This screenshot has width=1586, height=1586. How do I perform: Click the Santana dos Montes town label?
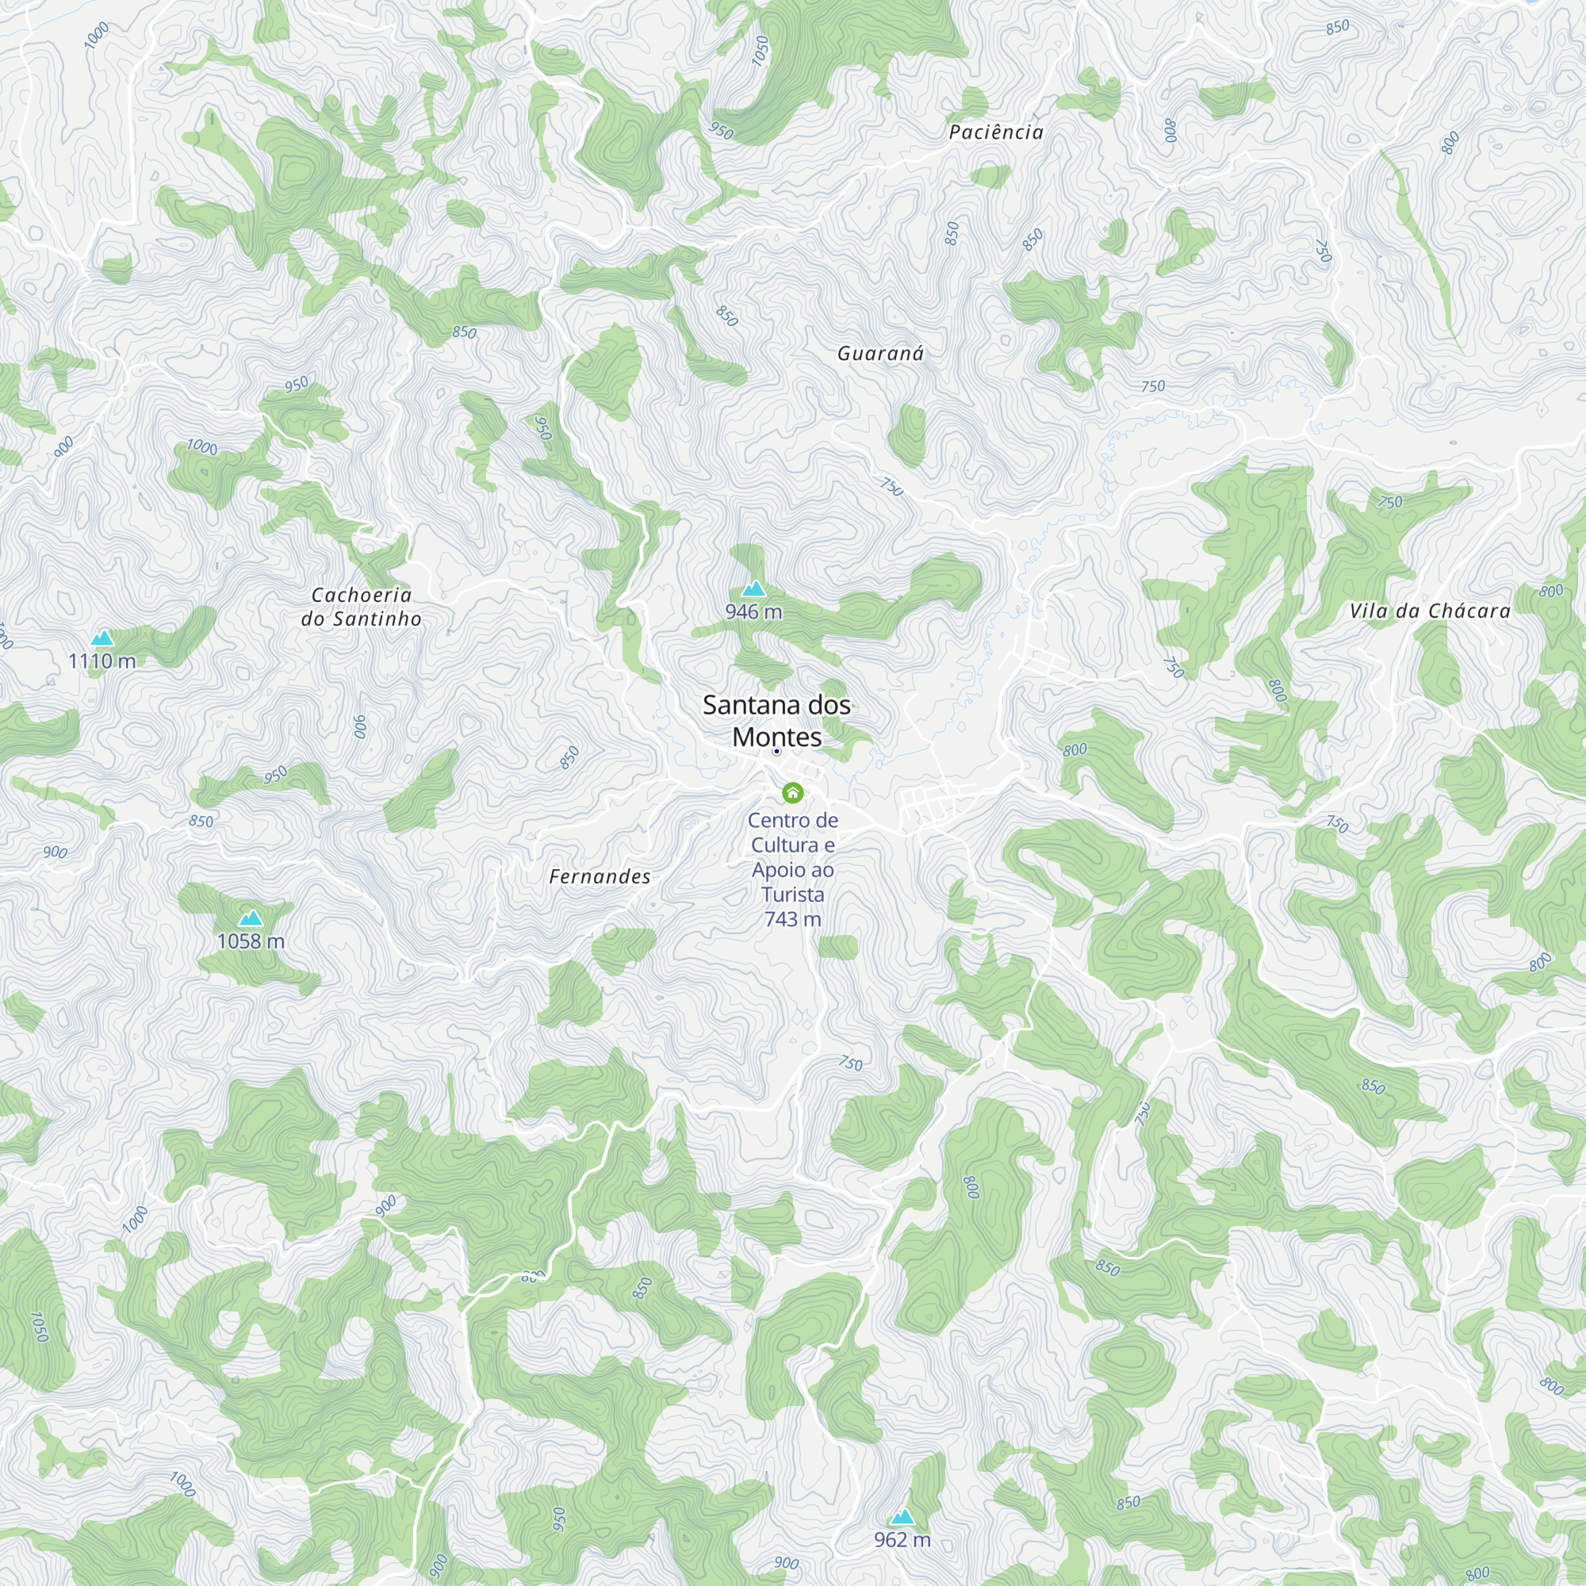click(776, 721)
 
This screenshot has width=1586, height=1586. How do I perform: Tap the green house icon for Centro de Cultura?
click(792, 792)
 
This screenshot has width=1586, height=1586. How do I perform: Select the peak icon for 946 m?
click(753, 588)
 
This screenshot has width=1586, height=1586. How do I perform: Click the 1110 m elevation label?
click(102, 661)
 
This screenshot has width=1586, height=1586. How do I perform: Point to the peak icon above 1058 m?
click(251, 918)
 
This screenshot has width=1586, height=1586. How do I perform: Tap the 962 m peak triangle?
click(902, 1516)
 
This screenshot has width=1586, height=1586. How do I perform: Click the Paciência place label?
click(996, 132)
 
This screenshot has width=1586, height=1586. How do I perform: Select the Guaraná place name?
click(880, 354)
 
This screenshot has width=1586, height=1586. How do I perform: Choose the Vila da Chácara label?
click(1430, 611)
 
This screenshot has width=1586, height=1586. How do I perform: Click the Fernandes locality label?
click(600, 877)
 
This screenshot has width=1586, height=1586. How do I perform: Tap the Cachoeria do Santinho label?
click(361, 607)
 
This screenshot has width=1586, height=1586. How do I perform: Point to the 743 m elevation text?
click(792, 919)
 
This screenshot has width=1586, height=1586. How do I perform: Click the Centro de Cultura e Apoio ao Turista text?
click(792, 857)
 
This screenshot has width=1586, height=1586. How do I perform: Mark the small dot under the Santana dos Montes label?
click(776, 751)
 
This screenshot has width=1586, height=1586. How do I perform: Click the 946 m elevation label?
click(753, 611)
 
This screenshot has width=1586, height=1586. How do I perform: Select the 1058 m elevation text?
click(251, 941)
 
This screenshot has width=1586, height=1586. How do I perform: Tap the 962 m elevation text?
click(902, 1540)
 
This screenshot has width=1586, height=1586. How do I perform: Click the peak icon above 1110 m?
click(102, 638)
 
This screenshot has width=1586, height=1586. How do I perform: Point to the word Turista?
click(792, 895)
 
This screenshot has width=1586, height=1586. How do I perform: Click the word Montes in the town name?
click(776, 737)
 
